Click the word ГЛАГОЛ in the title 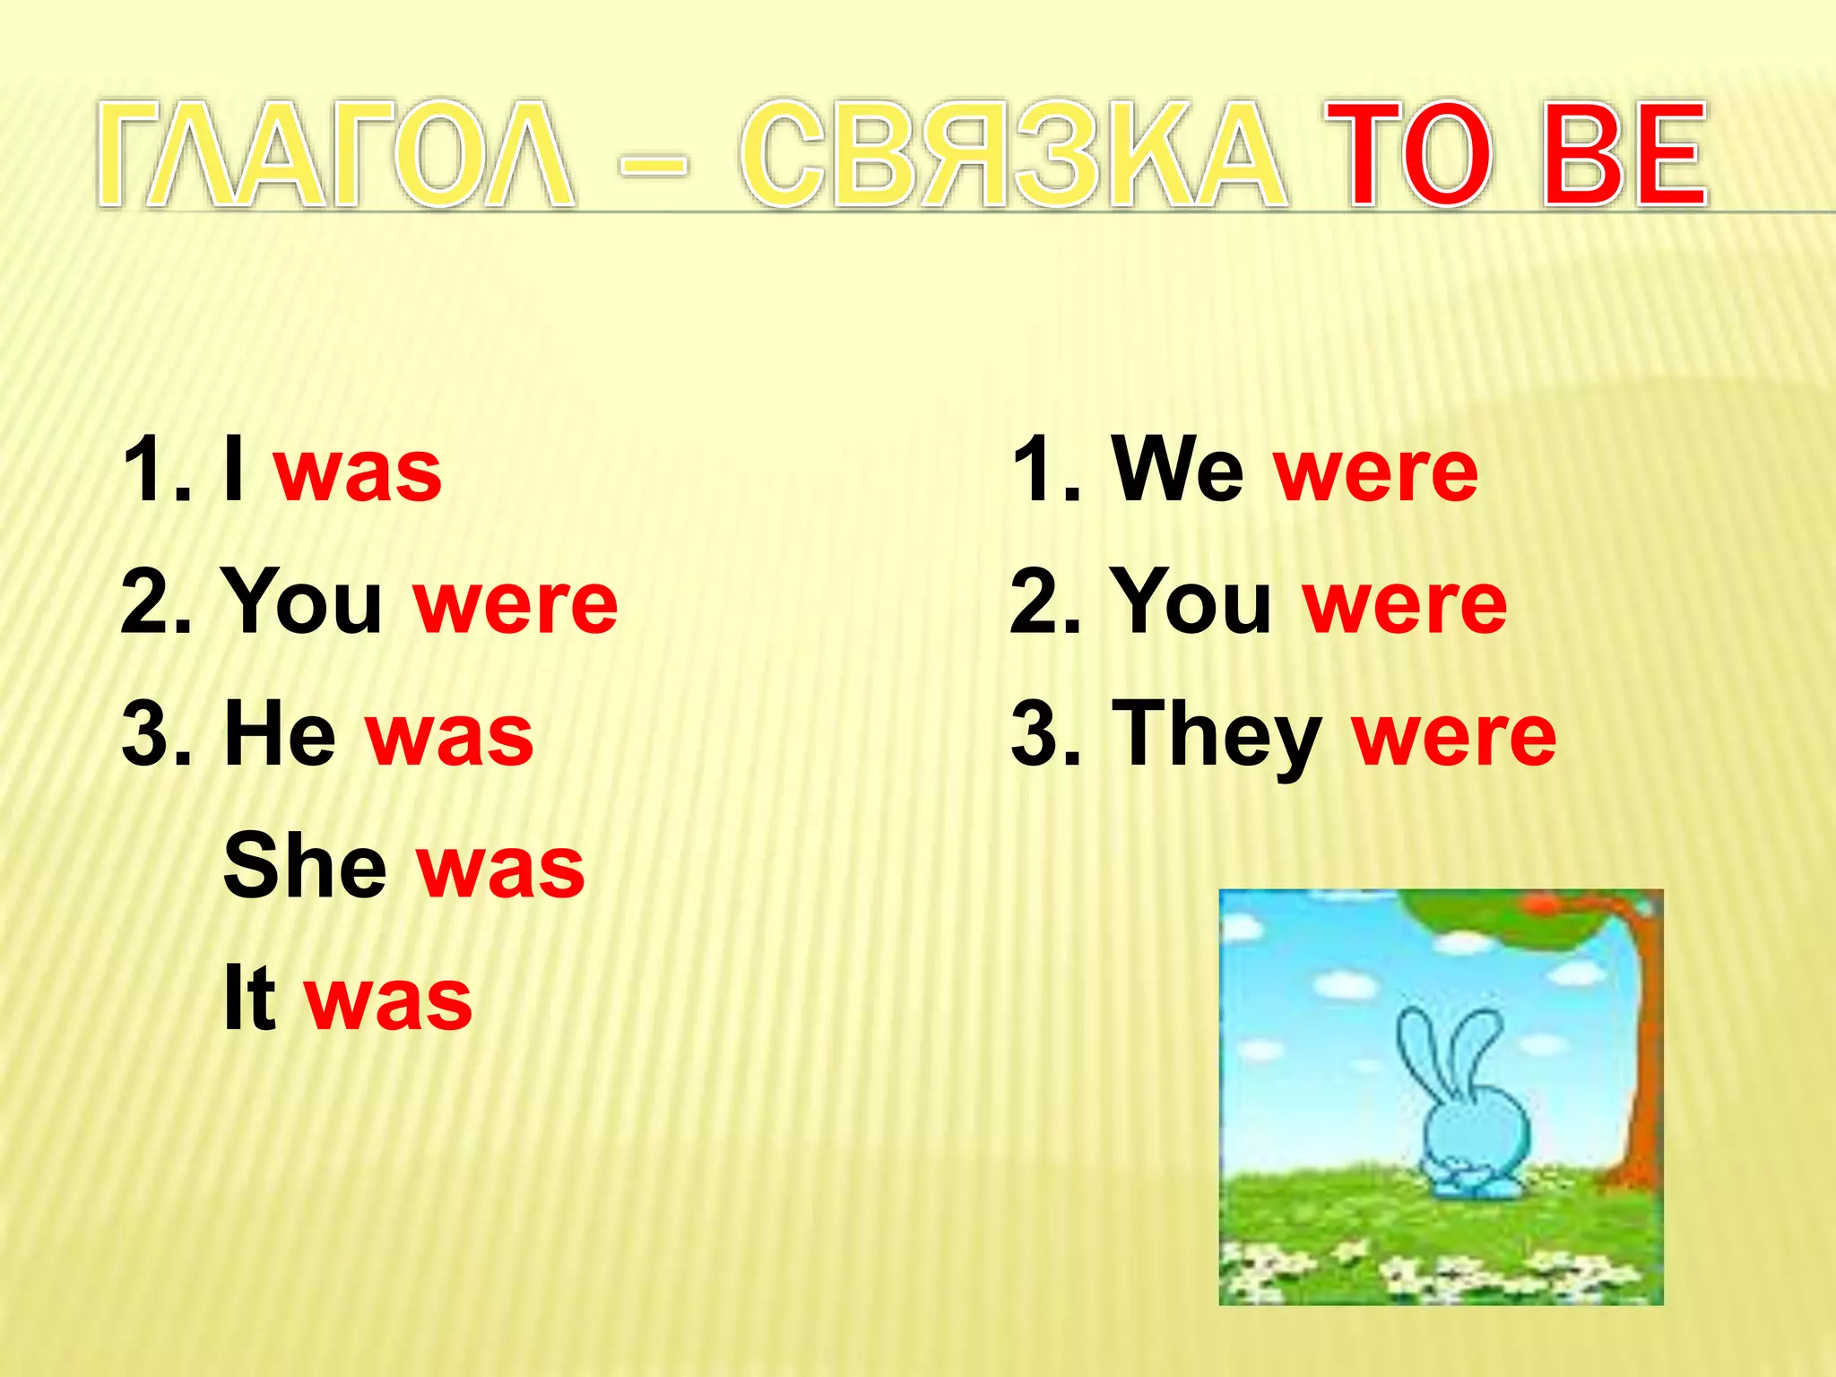point(336,154)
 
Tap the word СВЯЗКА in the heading point(1012,154)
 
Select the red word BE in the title point(1624,154)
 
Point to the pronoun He point(279,735)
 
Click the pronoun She point(305,866)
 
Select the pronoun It point(248,998)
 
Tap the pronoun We point(1176,470)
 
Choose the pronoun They point(1217,737)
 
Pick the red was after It point(388,1000)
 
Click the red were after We point(1376,473)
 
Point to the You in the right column point(1191,602)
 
